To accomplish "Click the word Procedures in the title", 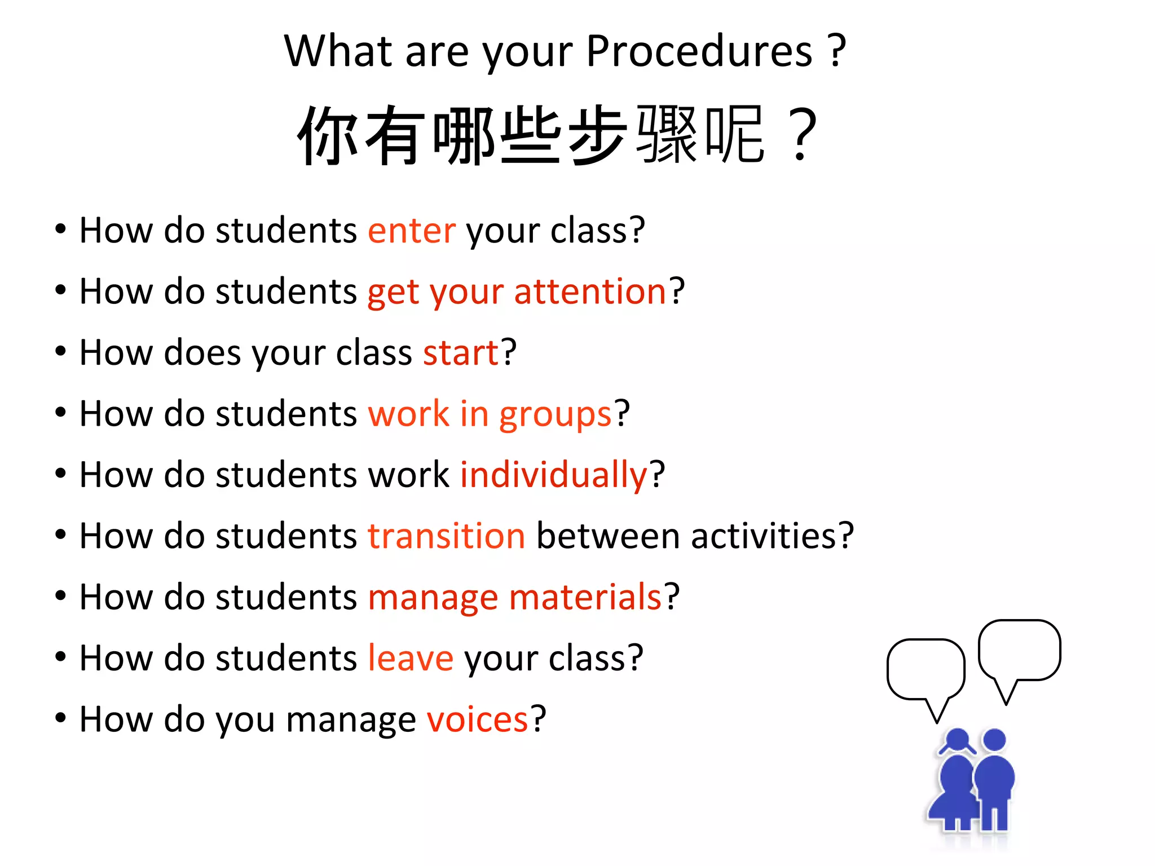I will pos(699,51).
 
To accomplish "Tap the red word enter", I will pos(411,231).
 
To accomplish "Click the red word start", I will pos(461,353).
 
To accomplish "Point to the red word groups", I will pos(556,415).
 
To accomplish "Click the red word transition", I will pos(446,536).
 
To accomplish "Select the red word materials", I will pos(585,597).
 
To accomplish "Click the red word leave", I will pos(410,658).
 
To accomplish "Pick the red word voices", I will pos(477,719).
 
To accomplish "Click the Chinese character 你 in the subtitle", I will pos(328,136).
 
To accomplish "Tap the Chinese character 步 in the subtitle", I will pos(597,136).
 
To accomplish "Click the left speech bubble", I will pos(925,670).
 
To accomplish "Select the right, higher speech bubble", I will pos(1019,650).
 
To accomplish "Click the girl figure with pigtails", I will pos(955,784).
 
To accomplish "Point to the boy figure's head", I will pos(994,740).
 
